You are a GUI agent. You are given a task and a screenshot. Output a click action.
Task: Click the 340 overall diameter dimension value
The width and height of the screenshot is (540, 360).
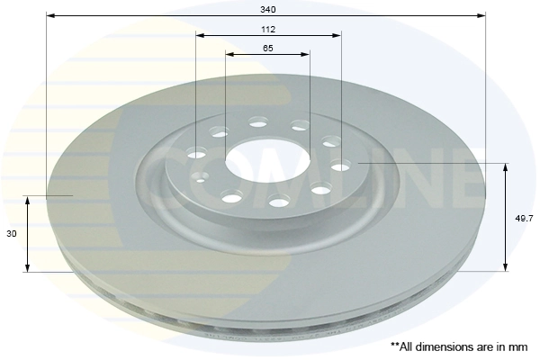pyautogui.click(x=268, y=8)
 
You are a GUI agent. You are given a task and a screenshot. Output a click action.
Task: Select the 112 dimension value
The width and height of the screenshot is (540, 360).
pyautogui.click(x=268, y=30)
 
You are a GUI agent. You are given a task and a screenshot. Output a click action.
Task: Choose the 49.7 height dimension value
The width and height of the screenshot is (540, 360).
pyautogui.click(x=522, y=217)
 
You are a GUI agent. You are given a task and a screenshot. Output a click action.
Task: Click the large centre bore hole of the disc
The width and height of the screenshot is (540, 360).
pyautogui.click(x=266, y=163)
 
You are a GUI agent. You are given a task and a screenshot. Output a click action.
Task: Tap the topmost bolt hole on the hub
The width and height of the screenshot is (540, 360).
pyautogui.click(x=259, y=121)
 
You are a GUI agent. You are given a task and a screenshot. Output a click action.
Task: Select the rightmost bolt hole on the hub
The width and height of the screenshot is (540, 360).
pyautogui.click(x=341, y=166)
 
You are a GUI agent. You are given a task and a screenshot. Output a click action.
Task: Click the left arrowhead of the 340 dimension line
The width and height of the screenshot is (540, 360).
pyautogui.click(x=49, y=15)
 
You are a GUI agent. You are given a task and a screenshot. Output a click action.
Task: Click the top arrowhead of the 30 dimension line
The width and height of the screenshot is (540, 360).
pyautogui.click(x=29, y=200)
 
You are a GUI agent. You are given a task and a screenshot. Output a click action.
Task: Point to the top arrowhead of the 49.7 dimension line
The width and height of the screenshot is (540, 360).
pyautogui.click(x=507, y=168)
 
